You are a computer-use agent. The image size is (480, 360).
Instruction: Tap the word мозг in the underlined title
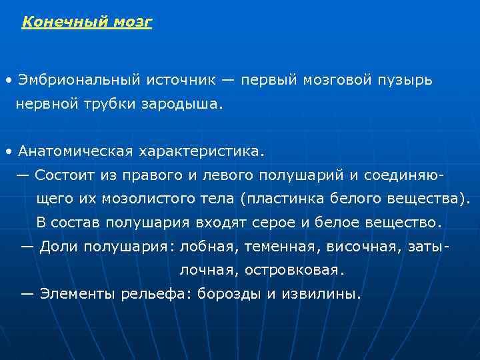click(x=135, y=22)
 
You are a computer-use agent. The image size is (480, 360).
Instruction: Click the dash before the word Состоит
click(x=23, y=175)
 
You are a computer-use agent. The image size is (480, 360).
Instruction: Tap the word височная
click(x=348, y=246)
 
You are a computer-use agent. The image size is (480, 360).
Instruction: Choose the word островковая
click(x=295, y=270)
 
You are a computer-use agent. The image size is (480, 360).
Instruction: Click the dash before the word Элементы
click(x=28, y=293)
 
